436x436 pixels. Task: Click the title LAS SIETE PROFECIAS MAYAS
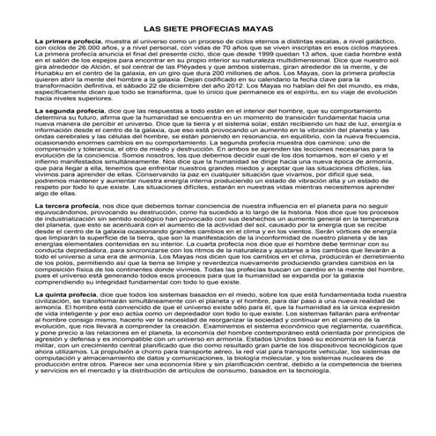218,30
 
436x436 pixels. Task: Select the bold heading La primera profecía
64,42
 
